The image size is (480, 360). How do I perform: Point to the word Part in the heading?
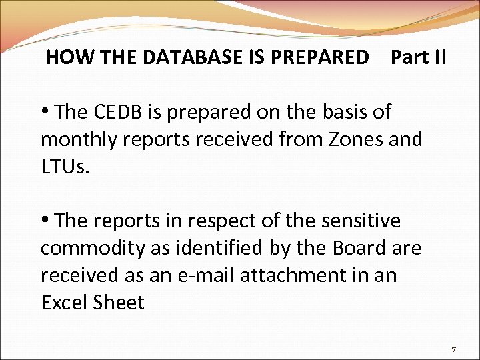[407, 57]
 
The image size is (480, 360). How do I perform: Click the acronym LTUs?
[64, 167]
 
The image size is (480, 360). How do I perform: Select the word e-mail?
[200, 275]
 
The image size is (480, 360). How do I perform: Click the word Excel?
[63, 303]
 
